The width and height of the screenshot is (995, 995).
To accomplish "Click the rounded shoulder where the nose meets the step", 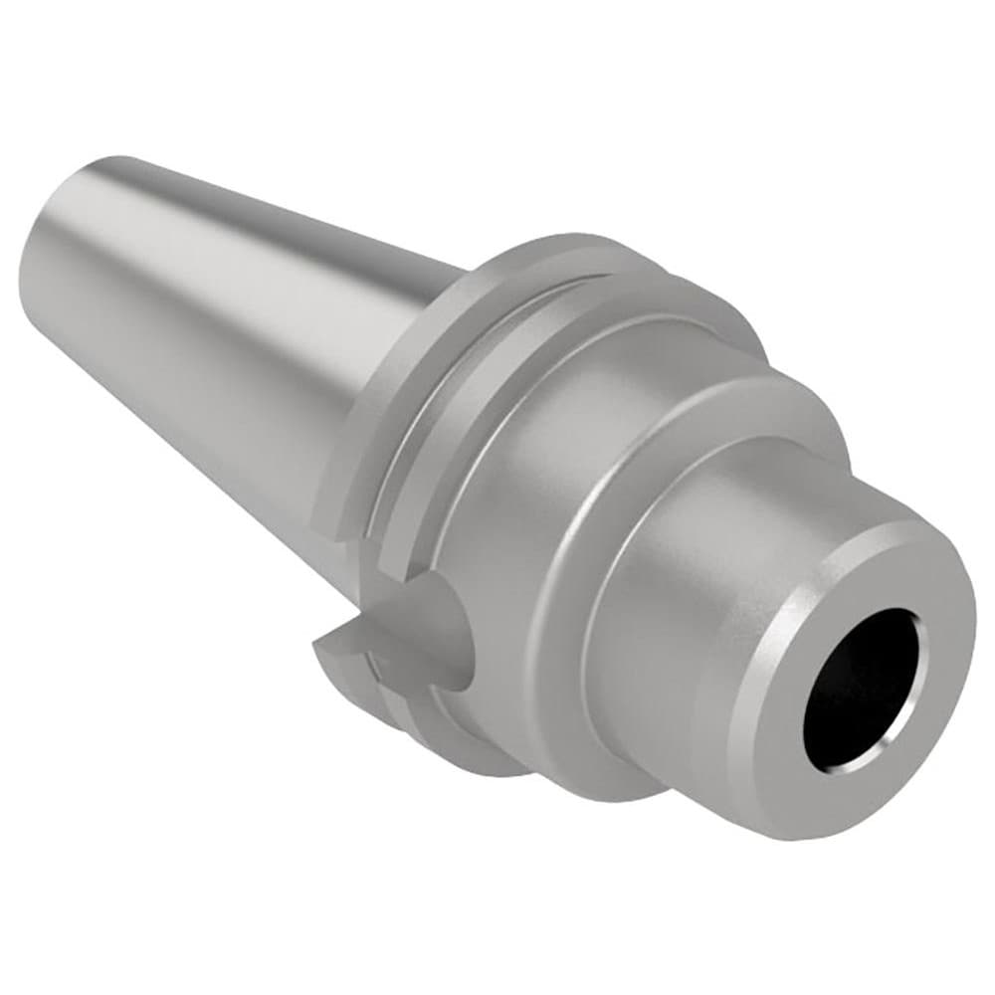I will click(x=597, y=557).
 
